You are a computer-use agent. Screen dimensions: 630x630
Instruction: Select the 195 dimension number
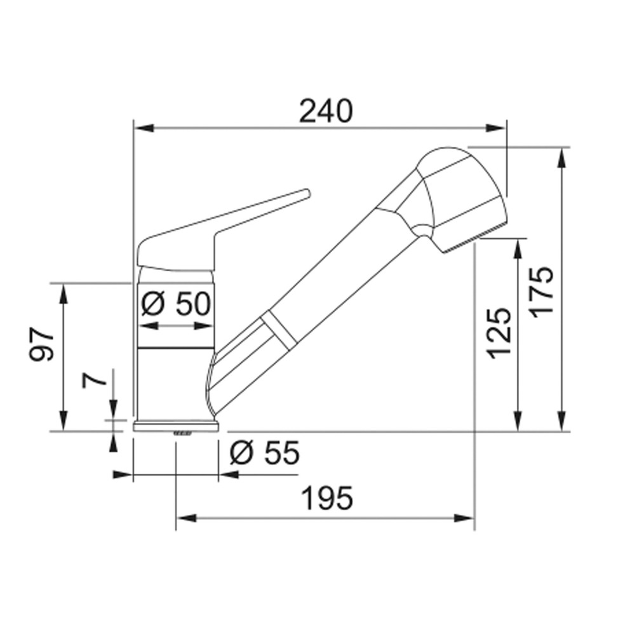(x=328, y=498)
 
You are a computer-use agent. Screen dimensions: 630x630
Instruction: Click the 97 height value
(x=41, y=344)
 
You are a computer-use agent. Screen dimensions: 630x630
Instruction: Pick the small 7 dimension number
(x=95, y=380)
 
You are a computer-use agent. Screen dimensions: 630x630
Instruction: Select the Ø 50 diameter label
(x=176, y=304)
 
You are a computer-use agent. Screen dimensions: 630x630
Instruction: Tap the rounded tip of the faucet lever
(x=307, y=193)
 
